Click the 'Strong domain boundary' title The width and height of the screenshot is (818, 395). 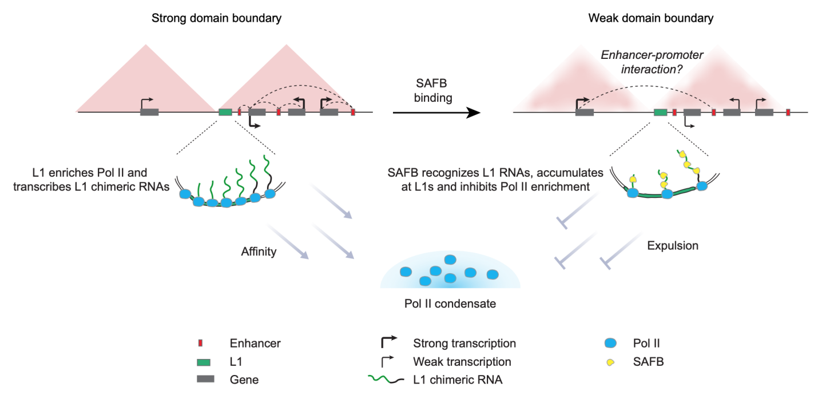tap(216, 18)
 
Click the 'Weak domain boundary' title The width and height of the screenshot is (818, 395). tap(650, 18)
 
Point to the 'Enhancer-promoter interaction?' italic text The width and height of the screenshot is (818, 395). tap(650, 62)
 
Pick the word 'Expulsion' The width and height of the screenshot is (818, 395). tap(673, 246)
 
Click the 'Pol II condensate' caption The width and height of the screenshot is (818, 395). tap(450, 304)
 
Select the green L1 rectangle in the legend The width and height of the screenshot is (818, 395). tap(202, 361)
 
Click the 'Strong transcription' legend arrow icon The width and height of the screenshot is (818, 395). tap(388, 342)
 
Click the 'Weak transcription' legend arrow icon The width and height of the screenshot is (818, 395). tap(387, 361)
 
